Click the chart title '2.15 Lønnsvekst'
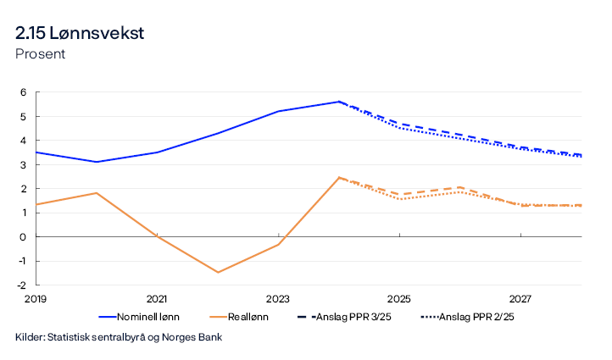click(80, 33)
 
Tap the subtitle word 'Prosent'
click(40, 54)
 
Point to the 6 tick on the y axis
click(24, 92)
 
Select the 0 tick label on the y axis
click(24, 236)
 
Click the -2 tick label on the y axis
click(22, 285)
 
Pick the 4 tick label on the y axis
click(24, 141)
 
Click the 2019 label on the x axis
click(36, 299)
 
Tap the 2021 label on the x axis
click(157, 299)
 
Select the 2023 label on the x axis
click(278, 299)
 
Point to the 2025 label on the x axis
click(399, 299)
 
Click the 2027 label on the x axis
click(520, 299)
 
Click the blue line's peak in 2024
click(339, 102)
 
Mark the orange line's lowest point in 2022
click(218, 272)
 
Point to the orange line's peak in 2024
click(339, 177)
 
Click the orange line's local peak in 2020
click(97, 193)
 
